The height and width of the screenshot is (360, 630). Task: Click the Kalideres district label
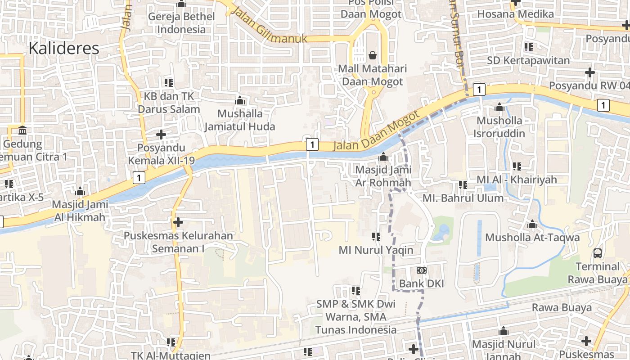pos(64,48)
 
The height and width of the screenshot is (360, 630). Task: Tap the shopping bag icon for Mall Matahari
pos(373,55)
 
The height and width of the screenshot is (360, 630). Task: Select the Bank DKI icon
pos(422,270)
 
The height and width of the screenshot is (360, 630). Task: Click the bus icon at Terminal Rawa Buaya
pos(598,253)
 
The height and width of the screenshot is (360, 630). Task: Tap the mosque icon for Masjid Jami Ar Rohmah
pos(383,157)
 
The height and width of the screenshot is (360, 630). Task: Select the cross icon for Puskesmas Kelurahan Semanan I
pos(178,222)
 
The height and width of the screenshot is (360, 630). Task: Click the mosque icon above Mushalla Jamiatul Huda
pos(240,100)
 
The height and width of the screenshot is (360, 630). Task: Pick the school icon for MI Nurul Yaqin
pos(376,236)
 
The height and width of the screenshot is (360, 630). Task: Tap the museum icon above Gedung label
pos(22,130)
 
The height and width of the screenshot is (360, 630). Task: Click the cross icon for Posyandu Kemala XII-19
pos(161,134)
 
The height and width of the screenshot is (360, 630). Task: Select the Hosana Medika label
pos(515,14)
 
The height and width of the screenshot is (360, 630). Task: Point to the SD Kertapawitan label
pos(529,60)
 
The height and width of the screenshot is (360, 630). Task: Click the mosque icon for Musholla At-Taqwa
pos(532,224)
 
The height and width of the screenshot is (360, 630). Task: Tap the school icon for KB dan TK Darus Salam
pos(169,82)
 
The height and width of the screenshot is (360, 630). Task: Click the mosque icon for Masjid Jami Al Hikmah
pos(80,191)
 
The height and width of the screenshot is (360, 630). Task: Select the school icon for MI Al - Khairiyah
pos(517,166)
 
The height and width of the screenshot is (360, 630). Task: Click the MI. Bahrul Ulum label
pos(463,198)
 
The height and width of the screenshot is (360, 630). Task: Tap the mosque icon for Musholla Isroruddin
pos(499,107)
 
